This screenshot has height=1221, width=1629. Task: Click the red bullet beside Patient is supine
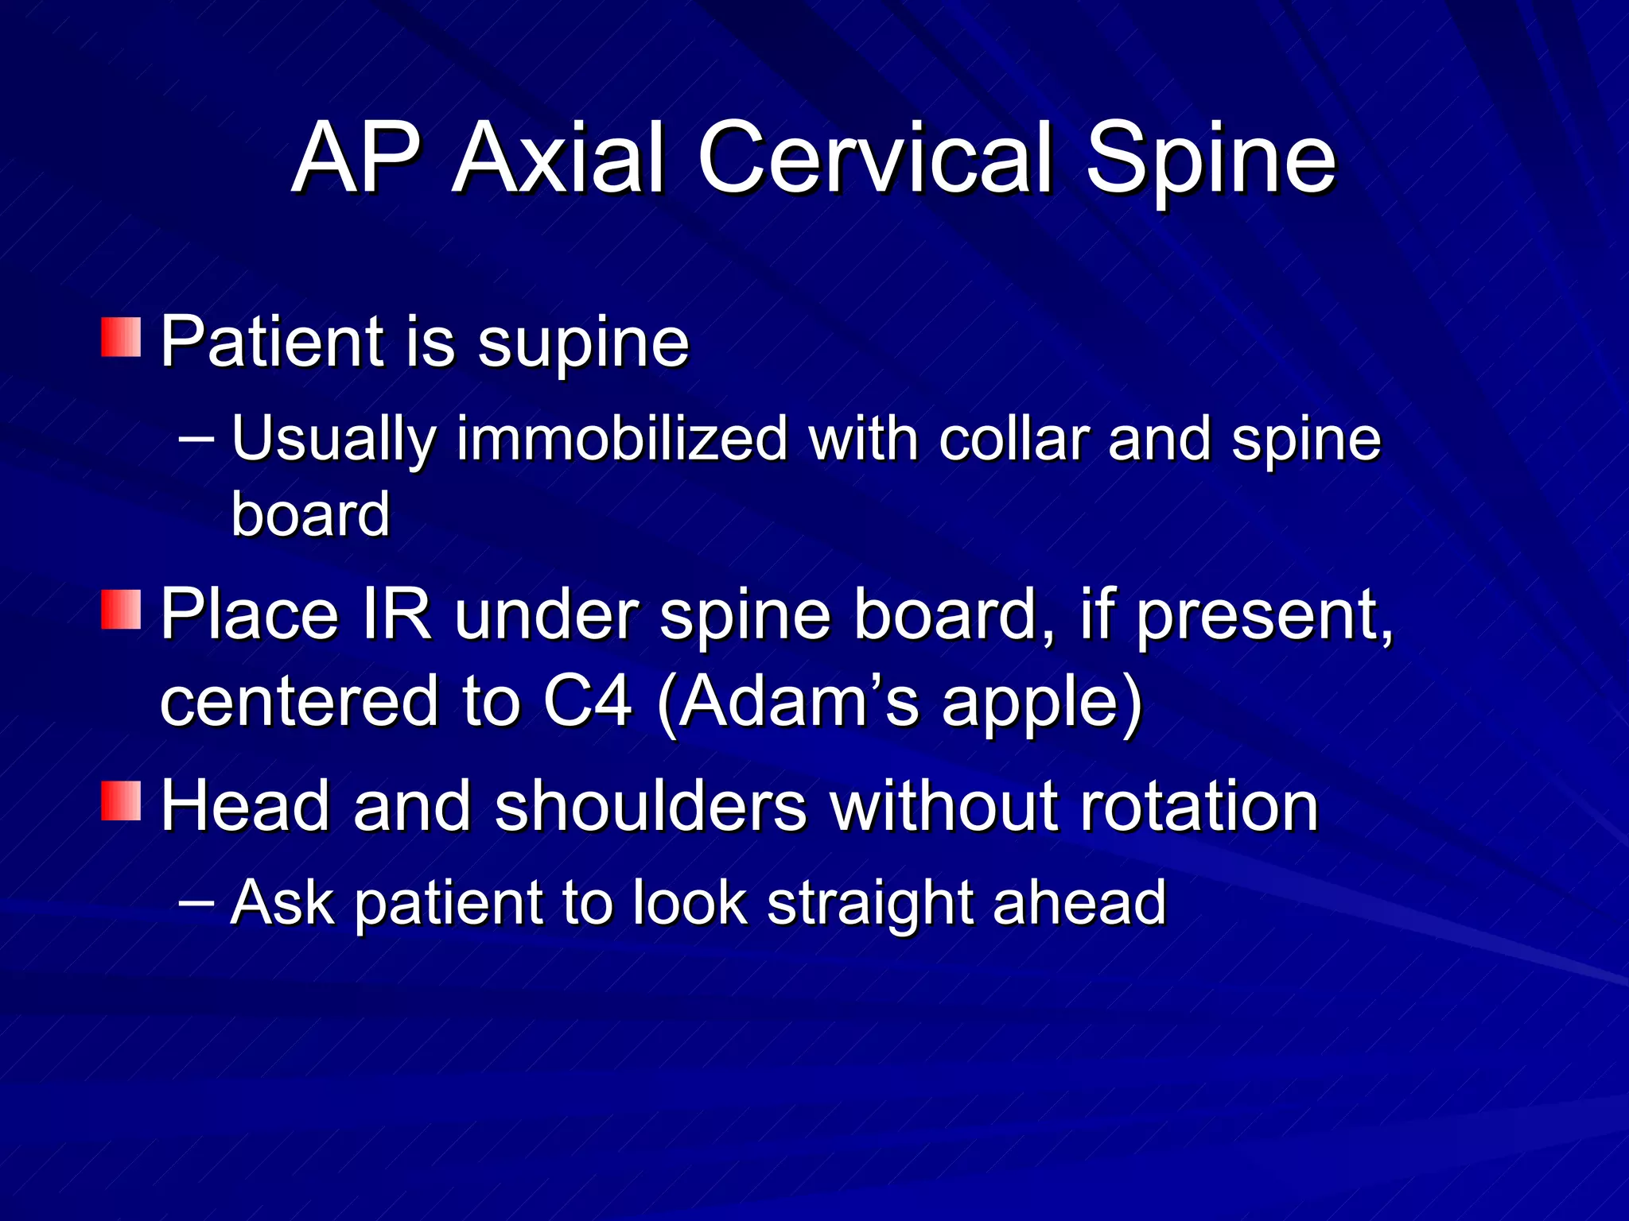[x=121, y=337]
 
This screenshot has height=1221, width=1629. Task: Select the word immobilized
[x=621, y=439]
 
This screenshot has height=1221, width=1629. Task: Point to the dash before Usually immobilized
[x=196, y=438]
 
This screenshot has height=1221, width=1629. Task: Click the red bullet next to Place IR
[x=121, y=609]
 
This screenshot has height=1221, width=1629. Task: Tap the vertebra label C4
[x=588, y=701]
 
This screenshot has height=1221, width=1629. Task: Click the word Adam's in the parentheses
[x=799, y=701]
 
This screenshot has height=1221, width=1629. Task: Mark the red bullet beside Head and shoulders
[x=121, y=800]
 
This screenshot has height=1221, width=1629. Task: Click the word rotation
[x=1198, y=806]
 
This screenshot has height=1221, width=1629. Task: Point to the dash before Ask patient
[x=196, y=901]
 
